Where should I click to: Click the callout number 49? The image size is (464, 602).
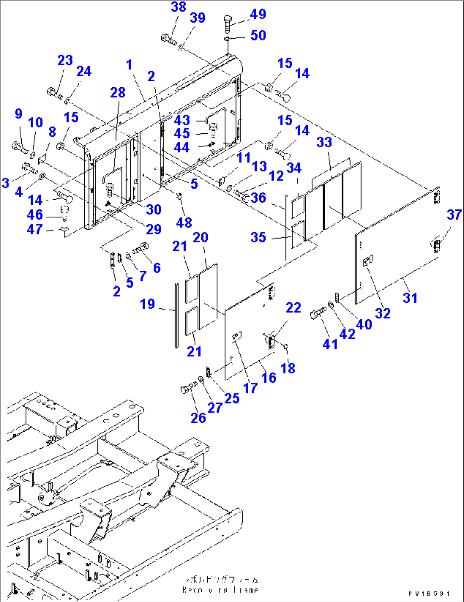point(258,14)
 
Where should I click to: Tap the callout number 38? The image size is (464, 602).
point(178,7)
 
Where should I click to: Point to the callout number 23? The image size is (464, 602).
point(65,60)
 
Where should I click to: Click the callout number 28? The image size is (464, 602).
point(117,92)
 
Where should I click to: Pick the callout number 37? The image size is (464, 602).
point(454,215)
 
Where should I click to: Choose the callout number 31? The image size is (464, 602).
point(410,298)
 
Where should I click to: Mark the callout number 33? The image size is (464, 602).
point(324,142)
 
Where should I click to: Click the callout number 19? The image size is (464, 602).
point(147,304)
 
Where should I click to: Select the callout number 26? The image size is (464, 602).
point(198,418)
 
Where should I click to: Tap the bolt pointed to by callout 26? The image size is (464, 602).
point(187,388)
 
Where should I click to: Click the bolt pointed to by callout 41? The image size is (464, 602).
point(318,314)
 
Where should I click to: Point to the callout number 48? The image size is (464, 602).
point(184,222)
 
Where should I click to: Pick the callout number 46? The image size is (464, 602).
point(35,215)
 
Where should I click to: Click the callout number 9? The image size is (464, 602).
point(18,114)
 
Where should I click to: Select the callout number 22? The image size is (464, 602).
point(293,307)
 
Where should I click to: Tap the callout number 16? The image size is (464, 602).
point(269,377)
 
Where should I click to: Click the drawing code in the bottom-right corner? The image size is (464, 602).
point(429,593)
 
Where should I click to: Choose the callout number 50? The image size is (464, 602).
point(258,35)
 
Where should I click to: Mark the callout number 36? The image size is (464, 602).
point(258,198)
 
